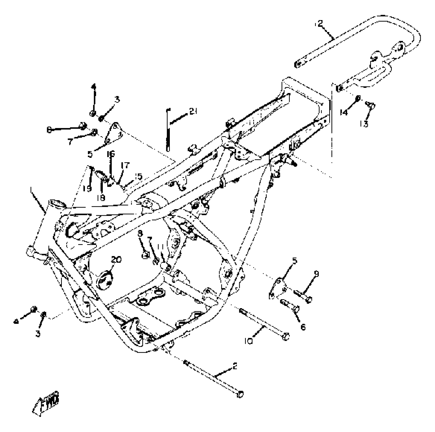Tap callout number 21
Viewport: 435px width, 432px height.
click(x=193, y=111)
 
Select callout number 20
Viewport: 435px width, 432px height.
click(x=116, y=260)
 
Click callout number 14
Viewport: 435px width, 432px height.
click(x=344, y=112)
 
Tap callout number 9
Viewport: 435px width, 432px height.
click(x=316, y=274)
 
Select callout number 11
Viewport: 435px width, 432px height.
click(x=160, y=247)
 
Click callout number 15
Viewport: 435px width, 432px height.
click(x=139, y=176)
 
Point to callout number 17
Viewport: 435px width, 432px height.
click(x=125, y=166)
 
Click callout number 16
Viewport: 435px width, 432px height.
click(x=111, y=154)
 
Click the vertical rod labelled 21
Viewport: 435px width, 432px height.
click(x=168, y=130)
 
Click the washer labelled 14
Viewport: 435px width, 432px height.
click(x=357, y=98)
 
